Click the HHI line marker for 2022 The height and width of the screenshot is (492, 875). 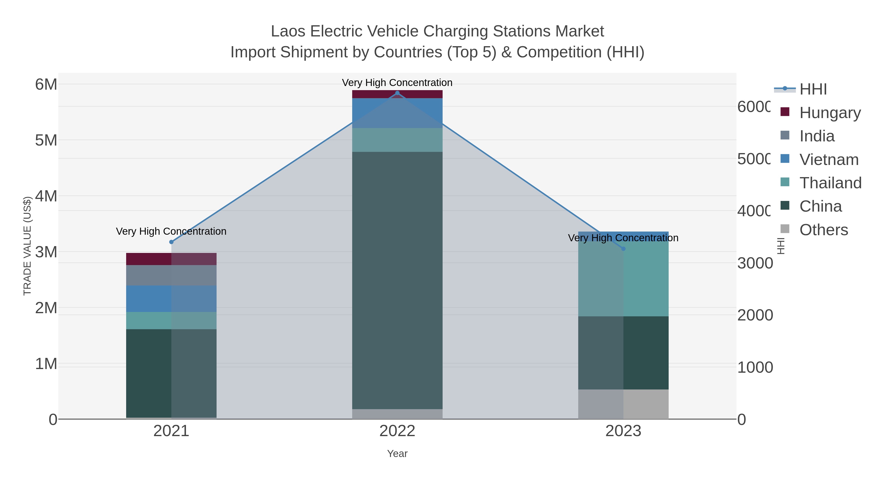point(397,93)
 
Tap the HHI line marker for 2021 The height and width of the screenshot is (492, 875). point(171,242)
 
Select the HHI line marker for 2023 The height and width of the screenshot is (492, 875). point(623,249)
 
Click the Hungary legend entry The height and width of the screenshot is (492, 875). point(830,113)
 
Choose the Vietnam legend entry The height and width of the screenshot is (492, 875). point(829,160)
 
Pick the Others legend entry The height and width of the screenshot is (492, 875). point(823,230)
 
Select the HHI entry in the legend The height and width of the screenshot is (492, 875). point(813,89)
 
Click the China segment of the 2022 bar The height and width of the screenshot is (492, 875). point(397,280)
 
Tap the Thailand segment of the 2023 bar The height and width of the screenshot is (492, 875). point(623,278)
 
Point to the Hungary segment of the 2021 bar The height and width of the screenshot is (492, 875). point(171,259)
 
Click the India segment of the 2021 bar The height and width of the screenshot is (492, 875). point(171,275)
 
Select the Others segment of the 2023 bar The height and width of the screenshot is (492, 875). point(623,404)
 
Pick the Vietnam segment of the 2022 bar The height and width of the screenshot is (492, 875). point(397,113)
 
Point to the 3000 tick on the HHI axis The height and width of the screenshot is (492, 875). point(755,263)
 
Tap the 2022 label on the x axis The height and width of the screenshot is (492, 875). point(397,431)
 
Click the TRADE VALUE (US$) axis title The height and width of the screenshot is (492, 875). point(27,246)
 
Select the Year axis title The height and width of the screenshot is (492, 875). point(397,454)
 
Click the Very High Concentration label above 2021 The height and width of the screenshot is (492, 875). point(171,232)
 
